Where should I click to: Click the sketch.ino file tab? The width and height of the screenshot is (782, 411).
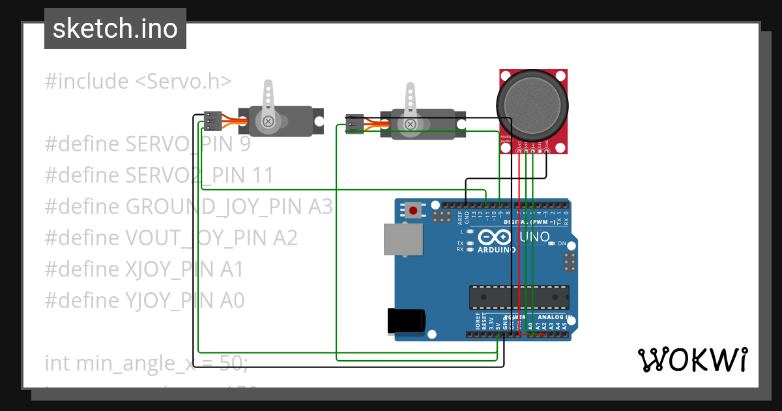coord(115,29)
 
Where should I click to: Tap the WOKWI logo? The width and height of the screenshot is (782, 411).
coord(692,359)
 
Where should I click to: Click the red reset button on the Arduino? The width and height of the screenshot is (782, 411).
coord(413,210)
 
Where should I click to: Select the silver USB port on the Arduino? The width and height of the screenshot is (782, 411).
coord(401,239)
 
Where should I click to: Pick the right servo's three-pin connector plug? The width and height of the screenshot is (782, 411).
coord(355,124)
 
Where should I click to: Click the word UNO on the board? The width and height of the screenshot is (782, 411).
coord(535,237)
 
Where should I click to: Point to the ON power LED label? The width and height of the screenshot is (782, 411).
coord(561,243)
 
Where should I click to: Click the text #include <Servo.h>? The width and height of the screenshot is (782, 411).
coord(138,82)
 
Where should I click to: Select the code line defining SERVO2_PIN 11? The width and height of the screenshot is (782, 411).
coord(159,175)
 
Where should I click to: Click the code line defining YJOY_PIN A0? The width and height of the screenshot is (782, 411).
coord(145,301)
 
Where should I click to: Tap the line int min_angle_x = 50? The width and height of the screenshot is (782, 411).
coord(146,363)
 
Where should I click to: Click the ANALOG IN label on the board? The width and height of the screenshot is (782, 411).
coord(555,317)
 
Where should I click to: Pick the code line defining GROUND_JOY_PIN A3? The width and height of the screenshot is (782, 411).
coord(188,207)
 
